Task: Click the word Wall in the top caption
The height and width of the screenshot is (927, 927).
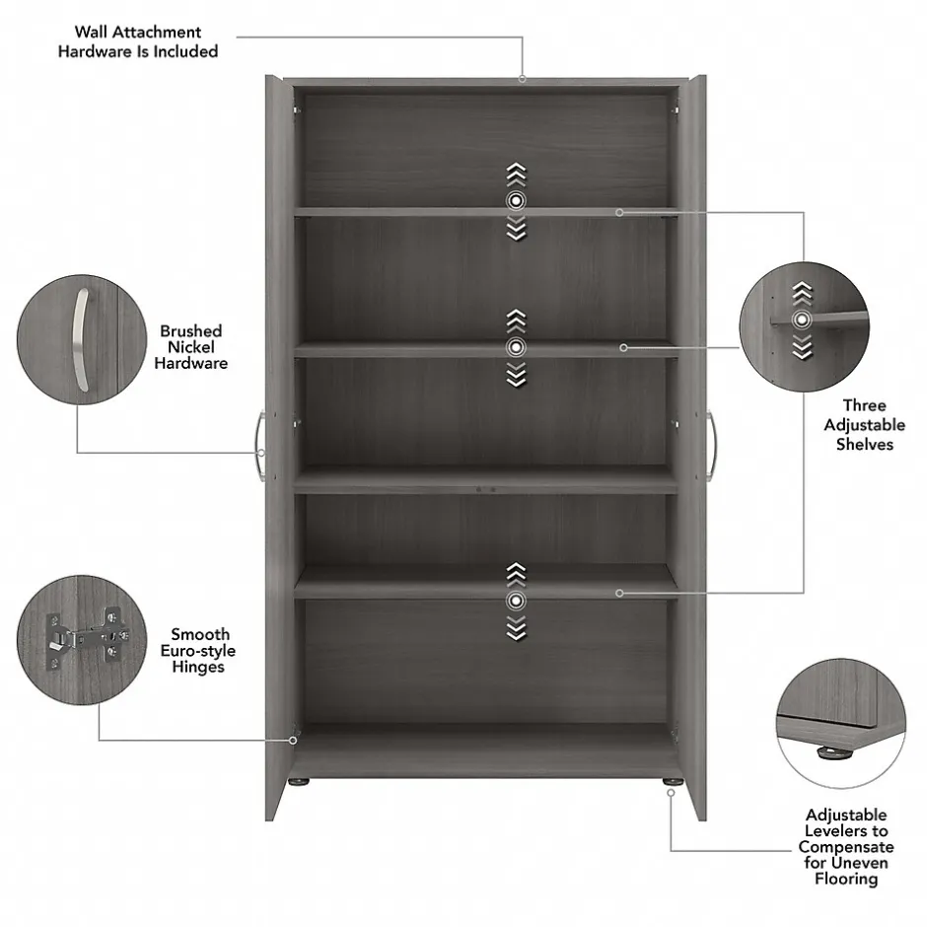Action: (90, 32)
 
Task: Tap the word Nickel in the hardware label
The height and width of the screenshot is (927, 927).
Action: (190, 347)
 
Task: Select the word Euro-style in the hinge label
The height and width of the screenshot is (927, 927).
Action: (198, 651)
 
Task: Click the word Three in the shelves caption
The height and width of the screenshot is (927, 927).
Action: (864, 405)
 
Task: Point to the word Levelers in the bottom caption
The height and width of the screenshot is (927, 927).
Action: (846, 831)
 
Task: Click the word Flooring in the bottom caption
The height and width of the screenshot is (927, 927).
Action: (846, 879)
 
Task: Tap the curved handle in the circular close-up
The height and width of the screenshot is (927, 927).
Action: (81, 340)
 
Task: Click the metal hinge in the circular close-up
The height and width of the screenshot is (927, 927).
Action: (88, 638)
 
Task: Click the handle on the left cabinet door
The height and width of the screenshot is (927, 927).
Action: (259, 447)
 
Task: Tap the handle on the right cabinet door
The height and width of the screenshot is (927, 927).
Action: (712, 447)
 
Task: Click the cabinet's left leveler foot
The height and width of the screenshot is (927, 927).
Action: (299, 782)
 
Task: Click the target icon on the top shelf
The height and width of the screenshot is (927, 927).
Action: (516, 201)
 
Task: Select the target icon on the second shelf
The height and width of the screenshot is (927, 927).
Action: (516, 347)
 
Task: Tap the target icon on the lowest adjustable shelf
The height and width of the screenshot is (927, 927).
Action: (516, 602)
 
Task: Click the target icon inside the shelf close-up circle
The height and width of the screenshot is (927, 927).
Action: (802, 320)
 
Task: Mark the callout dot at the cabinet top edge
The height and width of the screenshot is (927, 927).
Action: (522, 79)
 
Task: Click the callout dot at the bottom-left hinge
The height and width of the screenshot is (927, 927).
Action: (293, 741)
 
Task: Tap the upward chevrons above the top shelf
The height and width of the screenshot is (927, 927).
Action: (516, 175)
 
